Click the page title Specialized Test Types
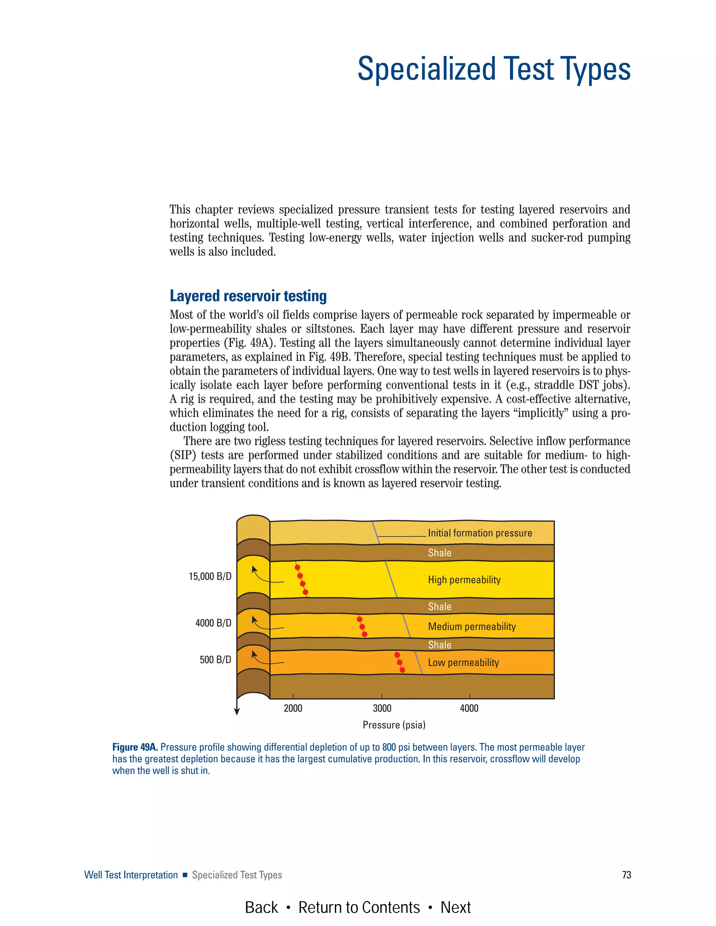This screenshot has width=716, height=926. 494,69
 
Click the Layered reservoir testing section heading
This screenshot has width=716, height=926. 248,296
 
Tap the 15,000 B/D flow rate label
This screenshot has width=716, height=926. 210,577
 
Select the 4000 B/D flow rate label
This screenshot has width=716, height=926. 213,623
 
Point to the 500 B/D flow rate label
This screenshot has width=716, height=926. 215,660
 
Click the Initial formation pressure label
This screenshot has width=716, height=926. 479,533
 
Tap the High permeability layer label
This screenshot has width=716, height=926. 464,580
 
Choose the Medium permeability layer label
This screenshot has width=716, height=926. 471,626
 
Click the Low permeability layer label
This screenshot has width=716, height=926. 463,662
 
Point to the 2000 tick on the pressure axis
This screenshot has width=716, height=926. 293,708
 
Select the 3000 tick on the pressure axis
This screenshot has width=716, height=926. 382,708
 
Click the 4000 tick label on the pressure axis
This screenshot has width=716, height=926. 469,708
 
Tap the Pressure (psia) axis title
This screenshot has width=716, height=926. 394,725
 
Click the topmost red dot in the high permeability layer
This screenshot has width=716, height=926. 298,567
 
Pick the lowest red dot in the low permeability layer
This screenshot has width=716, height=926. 402,670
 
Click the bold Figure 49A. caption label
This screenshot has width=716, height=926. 135,747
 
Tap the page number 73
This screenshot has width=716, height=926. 626,875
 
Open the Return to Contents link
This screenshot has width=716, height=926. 359,907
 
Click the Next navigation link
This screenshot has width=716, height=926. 455,907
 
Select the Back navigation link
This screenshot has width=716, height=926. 261,907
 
